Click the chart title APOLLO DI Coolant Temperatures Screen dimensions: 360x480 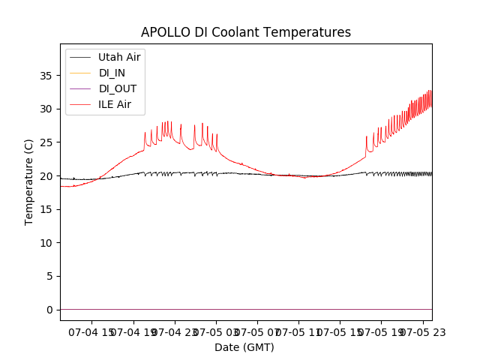click(246, 32)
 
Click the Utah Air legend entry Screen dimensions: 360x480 click(119, 57)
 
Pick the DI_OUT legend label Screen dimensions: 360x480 click(118, 88)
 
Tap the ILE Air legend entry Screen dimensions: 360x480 click(115, 104)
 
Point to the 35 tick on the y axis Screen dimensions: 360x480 click(46, 76)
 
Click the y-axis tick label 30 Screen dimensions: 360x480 click(46, 109)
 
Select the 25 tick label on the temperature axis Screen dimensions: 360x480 click(46, 142)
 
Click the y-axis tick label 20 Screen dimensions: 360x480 click(46, 176)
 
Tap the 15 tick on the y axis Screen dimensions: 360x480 click(46, 209)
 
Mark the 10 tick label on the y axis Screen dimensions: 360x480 click(46, 243)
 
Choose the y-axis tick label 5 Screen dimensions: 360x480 click(49, 276)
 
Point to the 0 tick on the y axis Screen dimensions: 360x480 click(49, 310)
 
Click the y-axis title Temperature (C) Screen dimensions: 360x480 click(29, 182)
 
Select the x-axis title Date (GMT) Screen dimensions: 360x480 click(244, 347)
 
